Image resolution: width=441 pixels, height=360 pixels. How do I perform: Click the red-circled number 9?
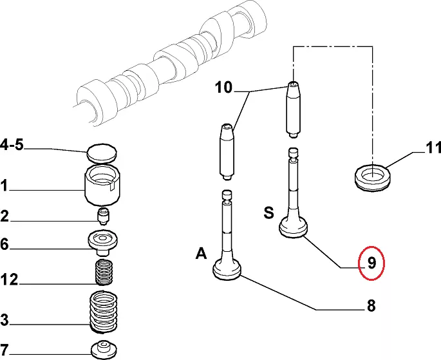[372, 263]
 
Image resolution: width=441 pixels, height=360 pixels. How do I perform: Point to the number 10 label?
[223, 86]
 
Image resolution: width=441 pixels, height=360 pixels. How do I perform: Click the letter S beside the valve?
[268, 213]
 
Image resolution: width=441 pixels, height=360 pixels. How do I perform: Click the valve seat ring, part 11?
[373, 175]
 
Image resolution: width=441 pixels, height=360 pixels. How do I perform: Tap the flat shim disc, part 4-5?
[102, 154]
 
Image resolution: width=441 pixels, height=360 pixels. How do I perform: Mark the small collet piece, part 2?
[104, 214]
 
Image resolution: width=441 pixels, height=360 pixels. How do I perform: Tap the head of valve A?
[229, 270]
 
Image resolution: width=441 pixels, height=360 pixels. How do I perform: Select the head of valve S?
[296, 228]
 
